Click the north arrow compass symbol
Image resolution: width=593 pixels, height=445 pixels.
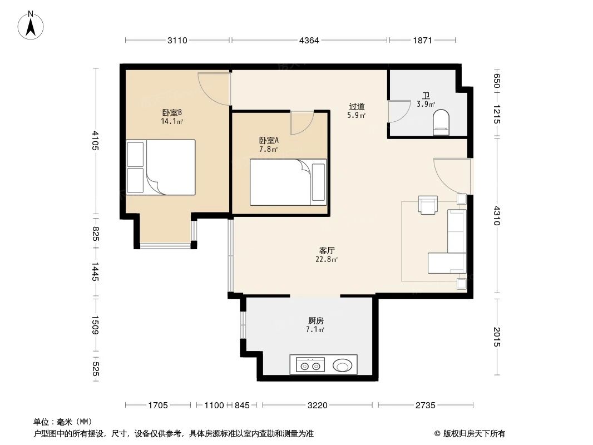(x=31, y=26)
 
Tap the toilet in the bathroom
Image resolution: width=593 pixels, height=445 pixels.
(x=441, y=122)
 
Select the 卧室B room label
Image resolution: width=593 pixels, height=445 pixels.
(x=172, y=112)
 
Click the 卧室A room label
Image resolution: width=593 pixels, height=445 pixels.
(x=269, y=140)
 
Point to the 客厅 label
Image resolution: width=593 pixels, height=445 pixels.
(x=327, y=251)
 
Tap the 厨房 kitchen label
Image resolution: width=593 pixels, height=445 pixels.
(x=315, y=320)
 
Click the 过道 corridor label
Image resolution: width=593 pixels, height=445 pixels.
(x=357, y=107)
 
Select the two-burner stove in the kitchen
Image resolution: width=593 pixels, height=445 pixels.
(x=310, y=365)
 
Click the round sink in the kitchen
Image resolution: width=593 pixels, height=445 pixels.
(x=342, y=365)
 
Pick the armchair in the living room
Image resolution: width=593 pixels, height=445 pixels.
(x=428, y=205)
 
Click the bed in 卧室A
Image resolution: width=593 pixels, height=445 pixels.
(x=288, y=182)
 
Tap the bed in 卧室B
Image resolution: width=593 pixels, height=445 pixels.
(x=161, y=167)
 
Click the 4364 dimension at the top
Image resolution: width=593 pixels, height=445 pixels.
(x=309, y=40)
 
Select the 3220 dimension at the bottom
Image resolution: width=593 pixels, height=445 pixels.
(x=317, y=406)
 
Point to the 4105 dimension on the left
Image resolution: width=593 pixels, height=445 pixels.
(x=95, y=140)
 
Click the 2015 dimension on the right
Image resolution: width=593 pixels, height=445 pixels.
(x=497, y=337)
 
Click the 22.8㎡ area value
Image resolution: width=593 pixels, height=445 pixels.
(x=327, y=259)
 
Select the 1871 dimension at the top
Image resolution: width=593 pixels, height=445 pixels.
(x=422, y=40)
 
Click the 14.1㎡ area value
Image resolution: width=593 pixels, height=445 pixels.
(x=172, y=121)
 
